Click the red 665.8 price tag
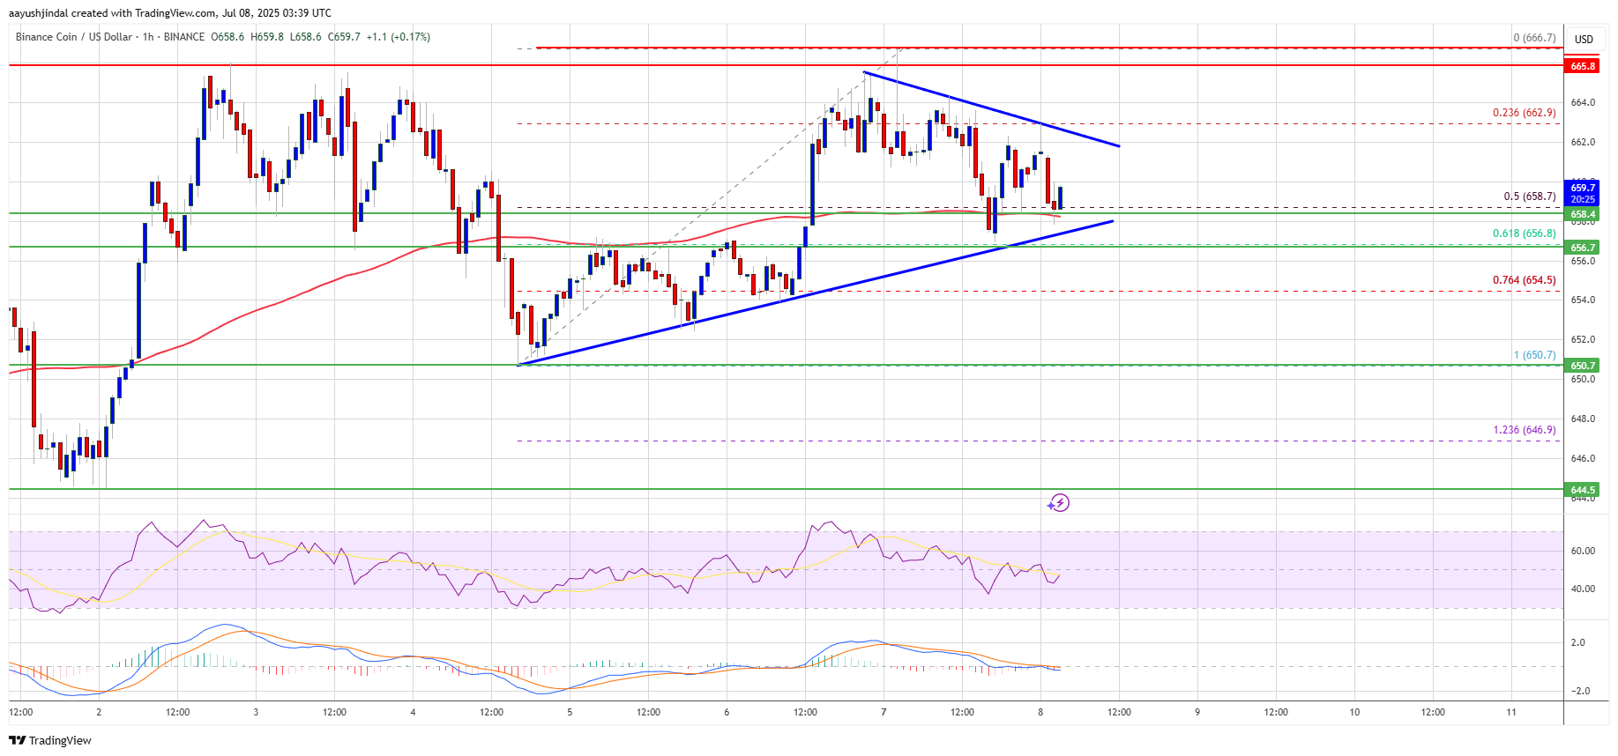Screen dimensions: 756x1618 tap(1582, 66)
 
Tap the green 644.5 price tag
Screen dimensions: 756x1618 tap(1582, 489)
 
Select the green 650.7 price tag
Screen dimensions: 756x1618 tap(1582, 365)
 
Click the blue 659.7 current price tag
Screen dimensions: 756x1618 tap(1582, 188)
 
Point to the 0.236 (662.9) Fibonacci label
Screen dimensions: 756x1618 tap(1524, 113)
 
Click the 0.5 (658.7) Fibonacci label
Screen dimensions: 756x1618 tap(1529, 196)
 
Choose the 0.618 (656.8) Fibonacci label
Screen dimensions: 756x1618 tap(1524, 233)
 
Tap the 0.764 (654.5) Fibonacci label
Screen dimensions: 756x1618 tap(1524, 280)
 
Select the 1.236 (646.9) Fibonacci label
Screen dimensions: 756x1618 tap(1524, 430)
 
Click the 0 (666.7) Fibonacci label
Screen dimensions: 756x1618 tap(1534, 38)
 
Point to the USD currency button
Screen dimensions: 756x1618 tap(1584, 39)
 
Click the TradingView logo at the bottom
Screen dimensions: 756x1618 tap(50, 740)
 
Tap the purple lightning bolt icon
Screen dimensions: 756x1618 tap(1058, 503)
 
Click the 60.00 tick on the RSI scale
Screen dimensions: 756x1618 tap(1583, 551)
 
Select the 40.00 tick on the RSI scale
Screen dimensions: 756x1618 tap(1583, 589)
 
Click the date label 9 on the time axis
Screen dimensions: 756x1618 tap(1197, 712)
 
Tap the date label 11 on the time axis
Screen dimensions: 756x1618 tap(1511, 712)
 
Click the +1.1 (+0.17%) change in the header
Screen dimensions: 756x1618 tap(398, 37)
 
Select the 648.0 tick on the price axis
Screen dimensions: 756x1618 tap(1583, 419)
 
